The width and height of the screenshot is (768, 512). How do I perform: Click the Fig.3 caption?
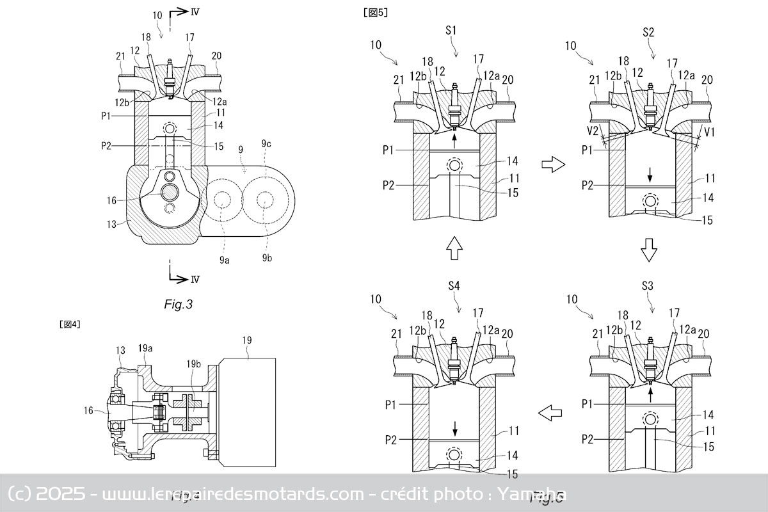[178, 305]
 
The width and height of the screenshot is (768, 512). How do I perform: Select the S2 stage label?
[654, 31]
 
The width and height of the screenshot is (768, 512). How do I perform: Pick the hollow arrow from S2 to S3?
[649, 250]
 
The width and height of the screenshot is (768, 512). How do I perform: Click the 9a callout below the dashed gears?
[224, 259]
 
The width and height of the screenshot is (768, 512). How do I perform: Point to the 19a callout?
[145, 348]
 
